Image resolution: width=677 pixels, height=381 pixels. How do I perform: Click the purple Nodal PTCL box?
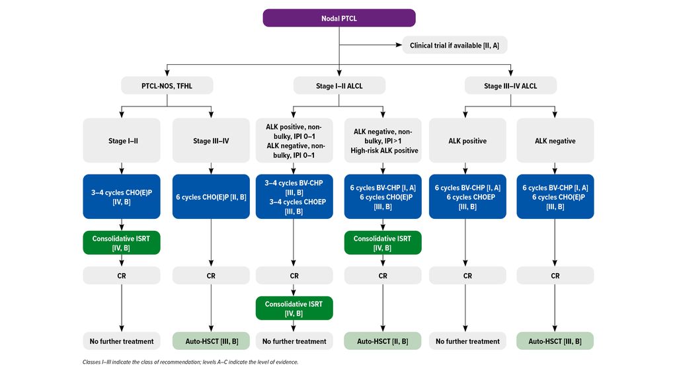point(339,18)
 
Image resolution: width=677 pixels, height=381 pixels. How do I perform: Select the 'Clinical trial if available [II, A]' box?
point(455,45)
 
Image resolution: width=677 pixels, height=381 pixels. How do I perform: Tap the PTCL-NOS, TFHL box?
point(167,85)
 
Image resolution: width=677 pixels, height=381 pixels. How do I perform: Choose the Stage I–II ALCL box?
point(339,85)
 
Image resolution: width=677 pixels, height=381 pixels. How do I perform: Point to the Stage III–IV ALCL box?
point(510,85)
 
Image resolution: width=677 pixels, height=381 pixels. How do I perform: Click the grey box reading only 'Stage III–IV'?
point(211,140)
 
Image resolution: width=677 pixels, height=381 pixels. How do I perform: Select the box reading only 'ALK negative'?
point(555,140)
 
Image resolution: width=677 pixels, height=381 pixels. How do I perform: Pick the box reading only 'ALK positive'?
point(467,140)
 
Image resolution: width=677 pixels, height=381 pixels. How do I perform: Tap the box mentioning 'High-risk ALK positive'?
point(383,140)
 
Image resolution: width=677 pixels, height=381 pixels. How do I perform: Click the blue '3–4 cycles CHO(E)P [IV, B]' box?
point(122,196)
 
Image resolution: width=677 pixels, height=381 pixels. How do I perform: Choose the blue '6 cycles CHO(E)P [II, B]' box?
point(211,196)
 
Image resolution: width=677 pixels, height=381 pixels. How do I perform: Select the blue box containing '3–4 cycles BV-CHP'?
point(294,196)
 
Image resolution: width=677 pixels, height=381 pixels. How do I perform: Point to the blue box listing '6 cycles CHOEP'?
point(467,196)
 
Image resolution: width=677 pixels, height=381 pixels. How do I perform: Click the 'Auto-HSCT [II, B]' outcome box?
point(383,341)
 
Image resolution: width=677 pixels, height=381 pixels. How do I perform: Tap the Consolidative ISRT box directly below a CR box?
point(294,308)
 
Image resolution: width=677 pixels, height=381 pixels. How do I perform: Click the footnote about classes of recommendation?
point(190,362)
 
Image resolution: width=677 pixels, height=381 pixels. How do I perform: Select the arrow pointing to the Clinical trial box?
point(370,45)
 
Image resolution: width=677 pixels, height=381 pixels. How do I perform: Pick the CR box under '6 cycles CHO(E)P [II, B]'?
point(211,275)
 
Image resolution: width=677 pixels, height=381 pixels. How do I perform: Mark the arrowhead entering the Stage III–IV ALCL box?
point(511,73)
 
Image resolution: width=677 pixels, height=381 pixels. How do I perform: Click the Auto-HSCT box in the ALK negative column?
point(555,341)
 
